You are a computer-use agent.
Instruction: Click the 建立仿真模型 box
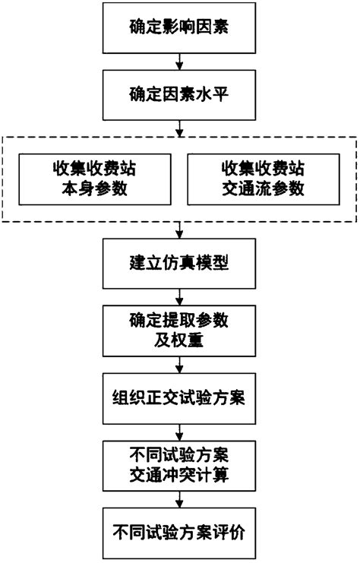(x=179, y=265)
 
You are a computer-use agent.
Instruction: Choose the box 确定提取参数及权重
(x=179, y=331)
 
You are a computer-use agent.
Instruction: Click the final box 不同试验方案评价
(x=179, y=530)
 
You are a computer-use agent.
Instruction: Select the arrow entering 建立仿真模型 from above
(x=179, y=230)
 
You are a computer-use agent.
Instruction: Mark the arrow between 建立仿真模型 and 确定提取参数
(x=179, y=297)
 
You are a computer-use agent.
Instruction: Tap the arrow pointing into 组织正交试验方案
(x=179, y=363)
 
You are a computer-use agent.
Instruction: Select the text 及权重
(x=179, y=340)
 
